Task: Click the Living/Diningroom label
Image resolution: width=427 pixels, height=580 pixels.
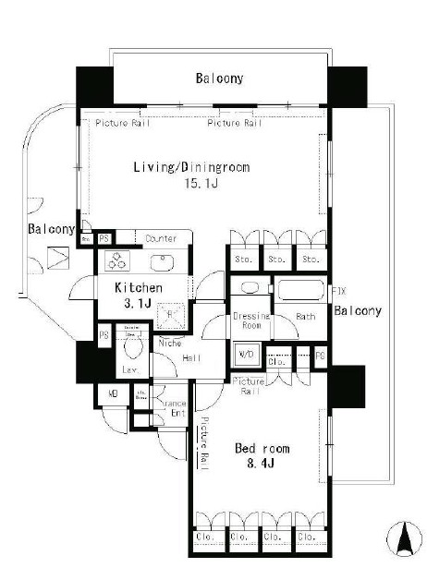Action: click(191, 167)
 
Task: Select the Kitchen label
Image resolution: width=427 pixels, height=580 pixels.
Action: click(139, 288)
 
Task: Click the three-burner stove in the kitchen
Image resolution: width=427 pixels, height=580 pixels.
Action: click(120, 261)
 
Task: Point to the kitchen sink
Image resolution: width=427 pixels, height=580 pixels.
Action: click(165, 261)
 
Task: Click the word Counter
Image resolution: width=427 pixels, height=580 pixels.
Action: click(162, 238)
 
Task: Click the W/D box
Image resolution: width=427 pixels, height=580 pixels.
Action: click(248, 354)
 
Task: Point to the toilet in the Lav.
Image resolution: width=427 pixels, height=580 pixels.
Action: click(132, 348)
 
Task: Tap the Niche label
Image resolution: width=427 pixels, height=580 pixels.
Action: click(169, 344)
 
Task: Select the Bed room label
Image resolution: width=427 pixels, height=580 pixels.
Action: click(262, 448)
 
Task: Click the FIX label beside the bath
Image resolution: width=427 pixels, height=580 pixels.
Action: click(338, 292)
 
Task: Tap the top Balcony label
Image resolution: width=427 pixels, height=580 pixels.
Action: click(219, 79)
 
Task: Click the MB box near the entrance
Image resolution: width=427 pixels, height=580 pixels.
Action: click(113, 393)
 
